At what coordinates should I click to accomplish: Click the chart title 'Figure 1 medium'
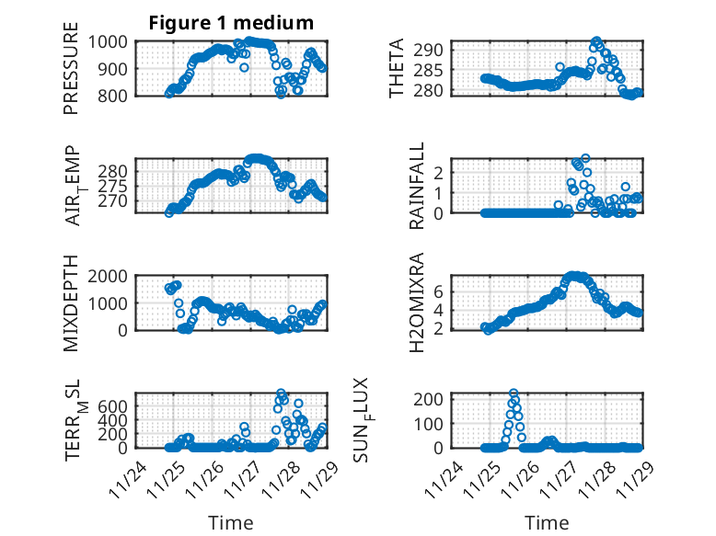[231, 23]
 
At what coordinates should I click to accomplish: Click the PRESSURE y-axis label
[71, 68]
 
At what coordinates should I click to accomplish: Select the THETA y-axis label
[397, 68]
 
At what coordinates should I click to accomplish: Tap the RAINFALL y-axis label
[416, 186]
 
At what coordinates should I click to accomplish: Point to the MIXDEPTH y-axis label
[71, 303]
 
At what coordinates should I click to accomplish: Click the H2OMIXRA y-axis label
[416, 303]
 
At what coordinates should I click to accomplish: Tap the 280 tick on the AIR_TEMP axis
[118, 171]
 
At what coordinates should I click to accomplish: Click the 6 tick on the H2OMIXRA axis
[440, 291]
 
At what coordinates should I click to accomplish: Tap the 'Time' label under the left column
[230, 523]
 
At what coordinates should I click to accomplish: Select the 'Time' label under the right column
[547, 523]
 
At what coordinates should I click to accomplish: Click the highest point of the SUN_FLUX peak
[514, 393]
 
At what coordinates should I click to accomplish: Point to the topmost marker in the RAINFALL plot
[585, 158]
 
